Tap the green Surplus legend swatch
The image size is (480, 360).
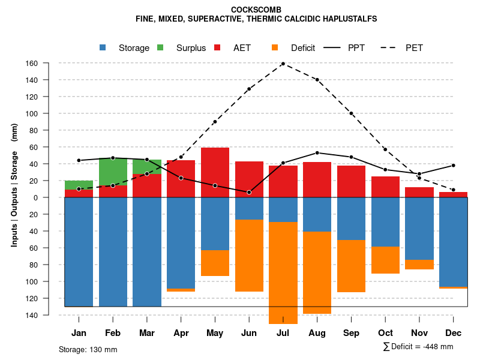coord(161,47)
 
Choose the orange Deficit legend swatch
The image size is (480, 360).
coord(275,47)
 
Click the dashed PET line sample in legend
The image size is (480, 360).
coord(389,47)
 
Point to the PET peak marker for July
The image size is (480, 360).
coord(283,64)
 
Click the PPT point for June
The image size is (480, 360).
coord(249,192)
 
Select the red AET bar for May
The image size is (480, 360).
coord(215,172)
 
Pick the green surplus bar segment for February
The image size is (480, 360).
coord(113,172)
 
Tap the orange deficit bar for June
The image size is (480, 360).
coord(249,256)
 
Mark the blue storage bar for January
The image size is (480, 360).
coord(79,252)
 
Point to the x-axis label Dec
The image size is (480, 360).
coord(453,333)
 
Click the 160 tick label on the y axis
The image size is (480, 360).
coord(49,64)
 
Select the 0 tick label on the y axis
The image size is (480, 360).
coord(53,197)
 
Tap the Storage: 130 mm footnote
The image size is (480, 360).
coord(88,349)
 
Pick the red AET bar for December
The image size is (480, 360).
coord(453,194)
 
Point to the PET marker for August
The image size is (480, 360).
coord(317,80)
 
